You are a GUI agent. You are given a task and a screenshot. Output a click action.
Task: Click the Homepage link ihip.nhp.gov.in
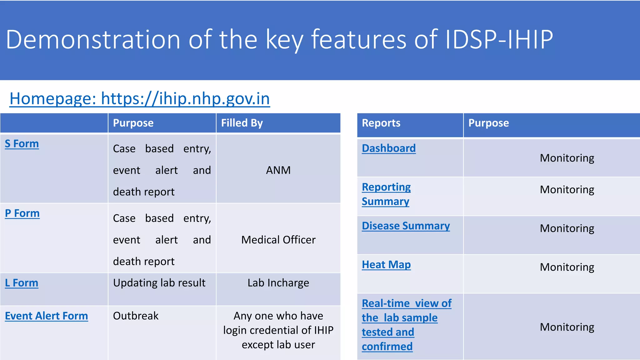(x=140, y=99)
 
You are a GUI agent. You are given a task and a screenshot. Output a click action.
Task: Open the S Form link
(x=22, y=144)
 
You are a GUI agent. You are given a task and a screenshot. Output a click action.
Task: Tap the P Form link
(x=22, y=213)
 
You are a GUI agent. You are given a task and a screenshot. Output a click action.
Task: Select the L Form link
(x=22, y=283)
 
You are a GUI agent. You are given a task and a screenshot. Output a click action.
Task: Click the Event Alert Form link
(x=47, y=316)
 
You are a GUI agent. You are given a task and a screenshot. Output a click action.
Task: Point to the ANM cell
(x=278, y=170)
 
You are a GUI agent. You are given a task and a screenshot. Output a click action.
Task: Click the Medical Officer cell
(x=278, y=240)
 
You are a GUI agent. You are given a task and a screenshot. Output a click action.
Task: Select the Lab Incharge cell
(x=278, y=283)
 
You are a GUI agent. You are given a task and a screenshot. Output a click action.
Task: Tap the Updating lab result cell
(x=159, y=283)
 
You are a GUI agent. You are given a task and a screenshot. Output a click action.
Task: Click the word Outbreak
(x=136, y=316)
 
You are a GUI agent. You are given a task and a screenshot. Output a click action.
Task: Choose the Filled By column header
(x=242, y=123)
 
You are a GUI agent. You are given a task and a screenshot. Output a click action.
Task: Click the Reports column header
(x=381, y=123)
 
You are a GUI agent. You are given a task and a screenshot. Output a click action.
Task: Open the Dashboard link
(x=389, y=148)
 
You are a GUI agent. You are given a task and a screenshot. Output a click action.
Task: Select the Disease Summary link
(x=406, y=226)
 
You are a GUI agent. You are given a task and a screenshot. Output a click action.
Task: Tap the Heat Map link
(x=386, y=265)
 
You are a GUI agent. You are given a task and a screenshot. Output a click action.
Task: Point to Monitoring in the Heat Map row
(x=567, y=267)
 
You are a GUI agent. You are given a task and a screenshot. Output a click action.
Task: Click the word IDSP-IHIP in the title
(x=499, y=40)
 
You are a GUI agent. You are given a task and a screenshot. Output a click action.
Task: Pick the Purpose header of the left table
(x=133, y=123)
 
